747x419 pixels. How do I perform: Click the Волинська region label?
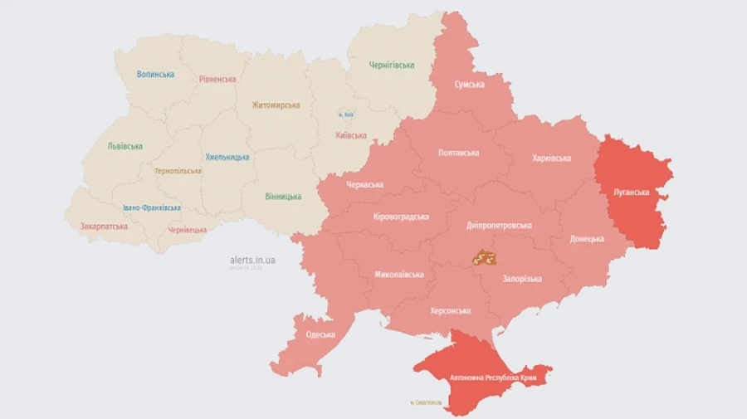click(x=155, y=74)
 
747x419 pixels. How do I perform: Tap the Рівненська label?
click(x=217, y=80)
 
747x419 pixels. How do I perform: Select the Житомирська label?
click(x=276, y=105)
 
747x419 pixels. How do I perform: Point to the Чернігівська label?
click(x=392, y=66)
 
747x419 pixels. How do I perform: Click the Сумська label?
click(x=470, y=85)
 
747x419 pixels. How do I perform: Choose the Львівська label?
click(x=124, y=146)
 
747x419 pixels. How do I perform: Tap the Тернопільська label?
click(x=178, y=171)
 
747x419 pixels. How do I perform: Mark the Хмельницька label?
click(x=227, y=157)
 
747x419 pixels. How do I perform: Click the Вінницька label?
click(x=283, y=197)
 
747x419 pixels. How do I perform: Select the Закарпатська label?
click(x=104, y=226)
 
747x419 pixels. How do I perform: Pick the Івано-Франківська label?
click(x=151, y=207)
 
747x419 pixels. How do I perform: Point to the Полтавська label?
click(x=458, y=153)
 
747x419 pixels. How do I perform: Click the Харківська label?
click(x=551, y=158)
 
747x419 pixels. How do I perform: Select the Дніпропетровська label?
click(x=500, y=225)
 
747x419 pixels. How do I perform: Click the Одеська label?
click(x=320, y=334)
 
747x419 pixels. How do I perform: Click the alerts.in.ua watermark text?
click(x=253, y=260)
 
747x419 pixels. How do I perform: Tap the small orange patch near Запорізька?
click(x=484, y=258)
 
